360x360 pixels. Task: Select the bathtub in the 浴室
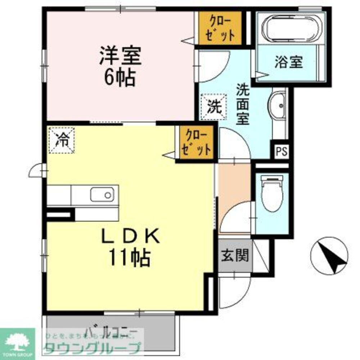[291, 28]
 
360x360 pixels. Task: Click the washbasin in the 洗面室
[278, 107]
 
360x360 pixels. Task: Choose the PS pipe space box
[282, 152]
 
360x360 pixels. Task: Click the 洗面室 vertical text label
[243, 104]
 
